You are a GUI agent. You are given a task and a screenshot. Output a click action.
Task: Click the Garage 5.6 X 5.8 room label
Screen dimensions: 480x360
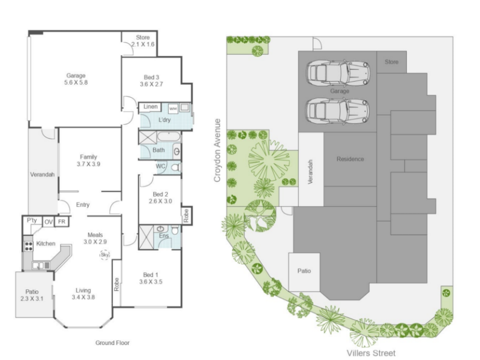coord(76,79)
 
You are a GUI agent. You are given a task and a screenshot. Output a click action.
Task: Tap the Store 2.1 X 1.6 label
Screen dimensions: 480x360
coord(143,41)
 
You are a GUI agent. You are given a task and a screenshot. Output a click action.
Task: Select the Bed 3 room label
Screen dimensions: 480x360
coord(151,77)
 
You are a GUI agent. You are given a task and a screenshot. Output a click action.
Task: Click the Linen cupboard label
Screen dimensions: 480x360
coord(151,107)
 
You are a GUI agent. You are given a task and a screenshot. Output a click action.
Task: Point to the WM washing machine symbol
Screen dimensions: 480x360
coord(173,109)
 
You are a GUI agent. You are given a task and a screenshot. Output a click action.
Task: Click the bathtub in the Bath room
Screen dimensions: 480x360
coord(169,137)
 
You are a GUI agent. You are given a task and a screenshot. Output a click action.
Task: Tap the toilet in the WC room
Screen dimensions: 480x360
coord(176,167)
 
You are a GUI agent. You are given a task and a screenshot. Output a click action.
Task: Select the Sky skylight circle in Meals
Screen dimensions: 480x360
coord(104,254)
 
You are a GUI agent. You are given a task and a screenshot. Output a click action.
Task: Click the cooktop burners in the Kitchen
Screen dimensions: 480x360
coord(28,246)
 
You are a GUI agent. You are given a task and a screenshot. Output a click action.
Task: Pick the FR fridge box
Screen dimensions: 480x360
coord(62,221)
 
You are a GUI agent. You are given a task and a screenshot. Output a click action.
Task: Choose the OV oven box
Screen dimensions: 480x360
coord(49,221)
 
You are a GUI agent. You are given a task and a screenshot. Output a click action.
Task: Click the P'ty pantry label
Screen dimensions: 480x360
coord(32,220)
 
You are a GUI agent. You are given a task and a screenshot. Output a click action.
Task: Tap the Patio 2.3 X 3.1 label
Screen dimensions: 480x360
coord(32,295)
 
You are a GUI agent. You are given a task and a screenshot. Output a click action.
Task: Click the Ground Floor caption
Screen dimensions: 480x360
coord(112,343)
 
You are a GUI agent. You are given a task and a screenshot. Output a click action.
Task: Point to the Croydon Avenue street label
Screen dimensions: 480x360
coord(217,150)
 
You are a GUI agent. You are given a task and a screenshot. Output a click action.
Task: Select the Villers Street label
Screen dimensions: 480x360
coord(371,353)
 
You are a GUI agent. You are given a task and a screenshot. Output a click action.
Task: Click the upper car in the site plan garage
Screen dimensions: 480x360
coord(338,73)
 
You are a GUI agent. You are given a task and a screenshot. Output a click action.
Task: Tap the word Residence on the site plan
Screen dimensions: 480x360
coord(350,159)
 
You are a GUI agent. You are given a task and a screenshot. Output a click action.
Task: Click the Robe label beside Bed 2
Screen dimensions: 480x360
coord(187,215)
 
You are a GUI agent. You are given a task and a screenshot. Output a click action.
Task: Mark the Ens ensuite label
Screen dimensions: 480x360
coord(164,236)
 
